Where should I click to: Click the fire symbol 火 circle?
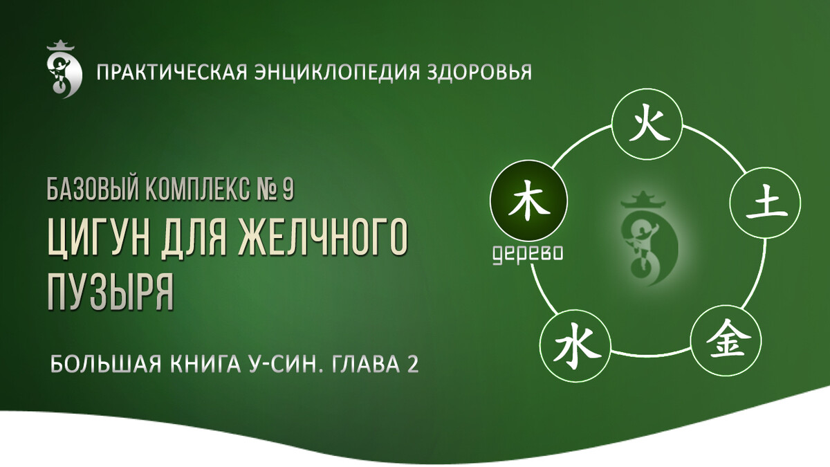[x=647, y=124]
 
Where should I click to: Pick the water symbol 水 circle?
[x=575, y=345]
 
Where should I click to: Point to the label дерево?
[x=528, y=255]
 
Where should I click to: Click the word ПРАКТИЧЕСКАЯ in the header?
[x=172, y=72]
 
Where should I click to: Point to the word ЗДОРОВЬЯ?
[x=479, y=72]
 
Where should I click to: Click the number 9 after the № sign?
[x=288, y=189]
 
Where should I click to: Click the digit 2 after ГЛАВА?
[x=412, y=365]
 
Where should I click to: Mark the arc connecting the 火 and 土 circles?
[x=717, y=145]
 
